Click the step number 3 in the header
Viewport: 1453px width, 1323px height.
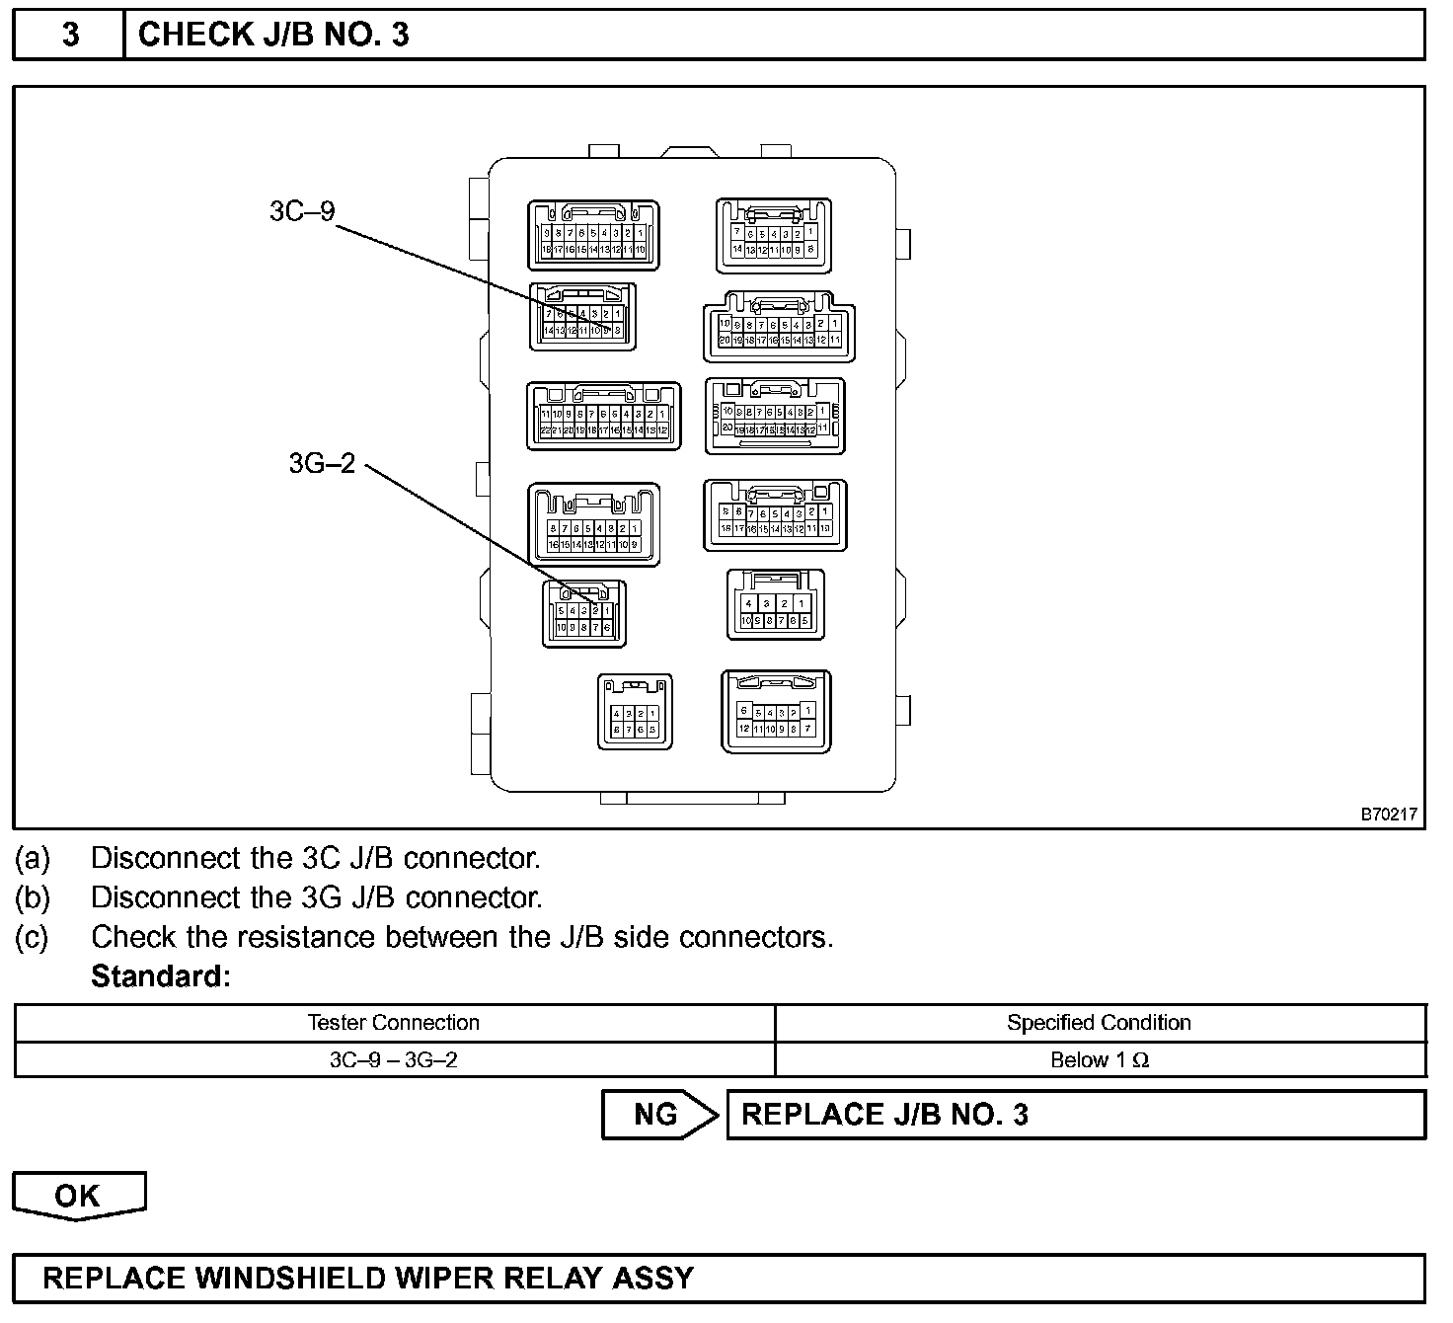point(70,35)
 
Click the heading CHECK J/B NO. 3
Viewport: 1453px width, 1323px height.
point(273,35)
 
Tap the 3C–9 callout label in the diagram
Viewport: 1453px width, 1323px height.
point(302,211)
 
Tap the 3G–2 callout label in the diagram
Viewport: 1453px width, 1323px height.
point(322,463)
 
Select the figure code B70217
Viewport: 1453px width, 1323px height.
point(1389,815)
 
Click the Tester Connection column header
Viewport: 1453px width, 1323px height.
point(394,1023)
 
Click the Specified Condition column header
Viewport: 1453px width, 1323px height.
point(1099,1023)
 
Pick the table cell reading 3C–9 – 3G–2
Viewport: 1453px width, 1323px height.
point(394,1060)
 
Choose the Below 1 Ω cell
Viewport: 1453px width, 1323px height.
point(1099,1060)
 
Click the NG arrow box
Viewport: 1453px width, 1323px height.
point(658,1115)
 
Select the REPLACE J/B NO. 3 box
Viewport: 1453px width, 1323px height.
point(1075,1115)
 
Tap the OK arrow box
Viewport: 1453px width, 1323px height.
point(78,1195)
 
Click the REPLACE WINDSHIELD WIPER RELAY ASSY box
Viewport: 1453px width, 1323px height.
point(719,1279)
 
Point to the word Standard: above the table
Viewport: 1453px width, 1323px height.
point(161,976)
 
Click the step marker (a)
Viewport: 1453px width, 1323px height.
point(32,858)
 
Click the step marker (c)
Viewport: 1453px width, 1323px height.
point(32,937)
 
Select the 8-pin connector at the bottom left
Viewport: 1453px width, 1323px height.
point(635,712)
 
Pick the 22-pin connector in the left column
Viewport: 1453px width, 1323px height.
point(603,416)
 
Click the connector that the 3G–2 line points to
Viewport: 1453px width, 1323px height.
point(584,614)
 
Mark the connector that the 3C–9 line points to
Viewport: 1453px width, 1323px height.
point(582,317)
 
